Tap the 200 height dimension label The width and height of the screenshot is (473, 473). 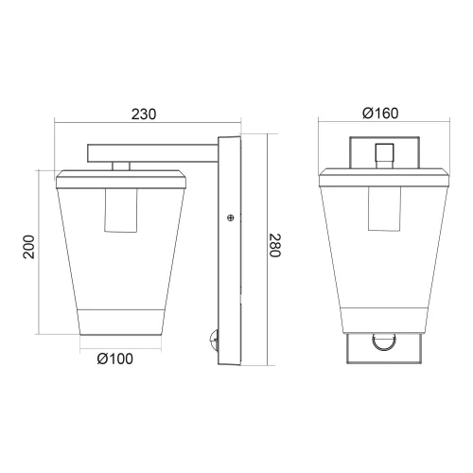tap(28, 248)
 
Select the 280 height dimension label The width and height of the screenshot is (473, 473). tap(274, 248)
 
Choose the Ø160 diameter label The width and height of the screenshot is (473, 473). tap(380, 114)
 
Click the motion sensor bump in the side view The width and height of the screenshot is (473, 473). tap(213, 337)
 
